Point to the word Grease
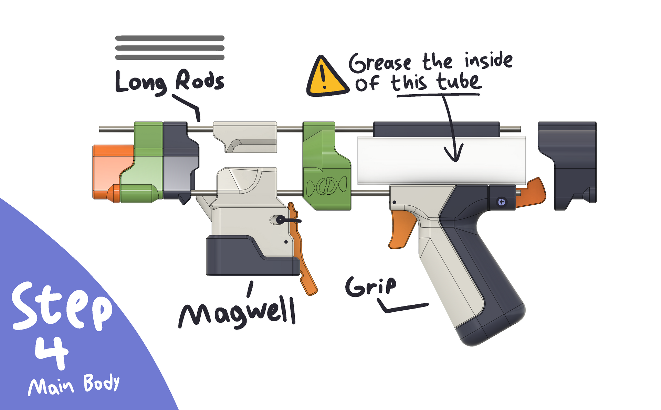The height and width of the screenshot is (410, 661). [380, 63]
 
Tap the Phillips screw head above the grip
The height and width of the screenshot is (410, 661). [502, 202]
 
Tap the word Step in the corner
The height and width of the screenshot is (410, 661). [62, 306]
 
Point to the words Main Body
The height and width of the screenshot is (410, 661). [74, 385]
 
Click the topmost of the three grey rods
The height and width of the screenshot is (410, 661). [170, 38]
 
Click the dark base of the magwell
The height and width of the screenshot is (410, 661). [241, 258]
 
